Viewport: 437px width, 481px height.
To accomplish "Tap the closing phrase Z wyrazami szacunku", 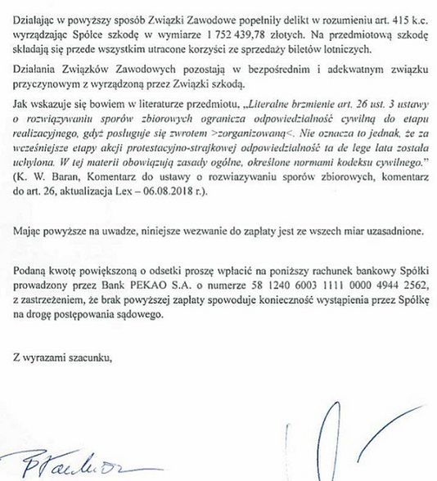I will (x=61, y=334).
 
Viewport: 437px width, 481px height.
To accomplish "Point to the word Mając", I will (x=29, y=230).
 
